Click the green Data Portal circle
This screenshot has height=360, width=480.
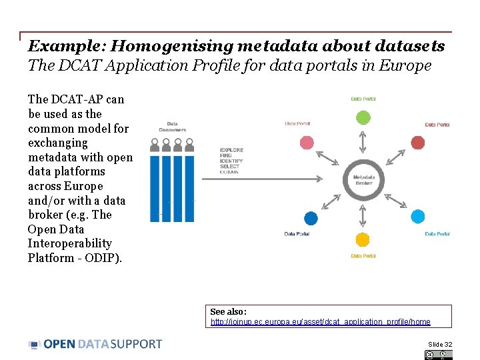point(363,118)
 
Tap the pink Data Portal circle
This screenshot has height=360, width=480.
point(307,142)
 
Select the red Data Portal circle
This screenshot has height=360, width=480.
point(417,142)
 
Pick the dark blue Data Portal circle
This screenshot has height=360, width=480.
point(311,217)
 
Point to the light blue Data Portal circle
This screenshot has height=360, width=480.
point(417,216)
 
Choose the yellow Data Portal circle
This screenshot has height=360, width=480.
point(363,239)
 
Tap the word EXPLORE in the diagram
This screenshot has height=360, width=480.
point(231,151)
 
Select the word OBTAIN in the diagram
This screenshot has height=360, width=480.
point(229,172)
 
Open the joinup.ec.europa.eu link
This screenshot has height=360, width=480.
point(320,322)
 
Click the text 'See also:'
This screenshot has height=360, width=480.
point(228,311)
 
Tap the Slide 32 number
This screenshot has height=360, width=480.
point(440,344)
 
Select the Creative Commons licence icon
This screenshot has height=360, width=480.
point(437,355)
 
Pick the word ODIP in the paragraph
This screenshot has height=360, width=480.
point(105,258)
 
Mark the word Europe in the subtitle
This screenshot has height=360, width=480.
point(406,65)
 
